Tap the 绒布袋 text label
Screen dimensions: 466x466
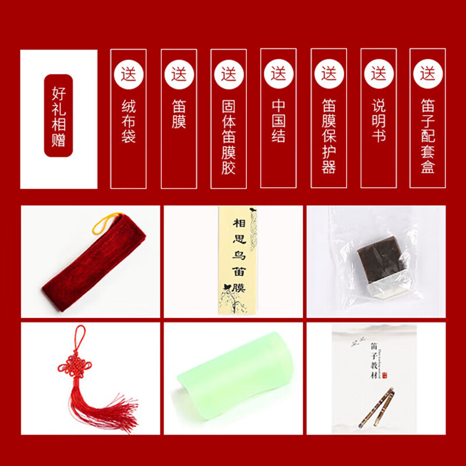tap(129, 121)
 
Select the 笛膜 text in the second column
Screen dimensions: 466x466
tap(179, 114)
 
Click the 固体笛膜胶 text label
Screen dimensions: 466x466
tap(228, 137)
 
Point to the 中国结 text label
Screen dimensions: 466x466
tap(278, 121)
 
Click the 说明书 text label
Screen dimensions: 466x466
tap(379, 121)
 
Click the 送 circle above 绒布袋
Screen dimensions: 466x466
tap(129, 75)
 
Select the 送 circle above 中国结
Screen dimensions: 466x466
tap(278, 75)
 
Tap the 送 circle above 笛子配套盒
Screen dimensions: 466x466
tap(428, 75)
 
